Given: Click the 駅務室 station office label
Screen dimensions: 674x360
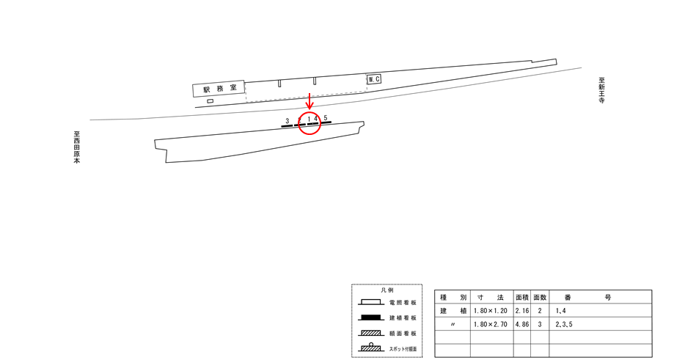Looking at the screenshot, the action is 220,89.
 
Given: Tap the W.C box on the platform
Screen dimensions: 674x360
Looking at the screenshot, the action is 374,79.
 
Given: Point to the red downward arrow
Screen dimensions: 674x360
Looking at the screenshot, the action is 309,101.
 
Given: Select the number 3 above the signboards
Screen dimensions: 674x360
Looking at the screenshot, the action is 287,121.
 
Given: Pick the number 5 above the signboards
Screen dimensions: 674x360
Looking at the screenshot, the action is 326,118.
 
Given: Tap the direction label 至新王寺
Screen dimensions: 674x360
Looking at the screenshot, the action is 602,90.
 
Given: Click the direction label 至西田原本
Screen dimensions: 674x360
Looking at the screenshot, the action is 76,147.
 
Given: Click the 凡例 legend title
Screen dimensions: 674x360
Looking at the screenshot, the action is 387,290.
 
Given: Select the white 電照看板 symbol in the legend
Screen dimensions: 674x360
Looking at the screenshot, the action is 371,302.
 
